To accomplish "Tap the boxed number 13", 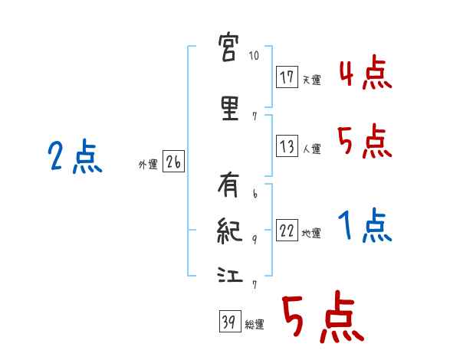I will [287, 147].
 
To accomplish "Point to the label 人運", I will [311, 149].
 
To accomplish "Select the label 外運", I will [147, 163].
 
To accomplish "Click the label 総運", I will [255, 324].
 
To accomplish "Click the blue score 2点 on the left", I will [74, 159].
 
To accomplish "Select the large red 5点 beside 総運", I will [322, 318].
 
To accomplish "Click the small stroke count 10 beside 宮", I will [255, 56].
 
